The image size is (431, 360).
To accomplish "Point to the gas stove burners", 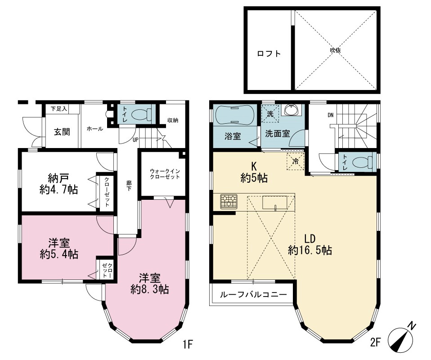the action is pyautogui.click(x=229, y=201).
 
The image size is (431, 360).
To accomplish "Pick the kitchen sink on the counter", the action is pyautogui.click(x=274, y=203).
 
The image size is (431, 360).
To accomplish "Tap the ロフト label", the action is pyautogui.click(x=269, y=54).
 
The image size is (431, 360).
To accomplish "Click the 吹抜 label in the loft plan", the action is pyautogui.click(x=335, y=50).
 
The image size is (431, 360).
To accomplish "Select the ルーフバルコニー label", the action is pyautogui.click(x=253, y=295).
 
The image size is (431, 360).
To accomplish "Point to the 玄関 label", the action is pyautogui.click(x=62, y=132).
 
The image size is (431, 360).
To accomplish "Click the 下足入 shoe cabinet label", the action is pyautogui.click(x=59, y=109).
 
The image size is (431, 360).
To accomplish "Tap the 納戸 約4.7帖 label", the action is pyautogui.click(x=58, y=184).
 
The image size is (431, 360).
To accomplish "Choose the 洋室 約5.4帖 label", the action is pyautogui.click(x=59, y=248).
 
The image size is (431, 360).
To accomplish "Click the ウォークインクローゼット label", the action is pyautogui.click(x=165, y=174).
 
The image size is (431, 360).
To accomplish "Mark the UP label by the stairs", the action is pyautogui.click(x=135, y=139).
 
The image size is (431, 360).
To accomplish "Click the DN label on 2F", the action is pyautogui.click(x=330, y=115).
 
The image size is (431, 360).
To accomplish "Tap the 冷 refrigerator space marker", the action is pyautogui.click(x=296, y=161).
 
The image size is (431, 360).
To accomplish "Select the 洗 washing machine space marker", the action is pyautogui.click(x=270, y=114).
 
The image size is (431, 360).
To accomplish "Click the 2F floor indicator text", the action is pyautogui.click(x=375, y=342).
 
